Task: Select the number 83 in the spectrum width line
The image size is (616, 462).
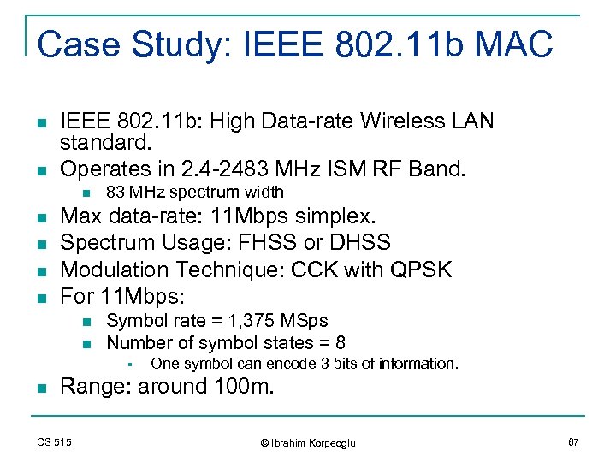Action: (115, 192)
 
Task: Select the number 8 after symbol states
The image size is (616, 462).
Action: (341, 342)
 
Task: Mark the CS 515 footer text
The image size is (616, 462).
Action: (54, 442)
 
